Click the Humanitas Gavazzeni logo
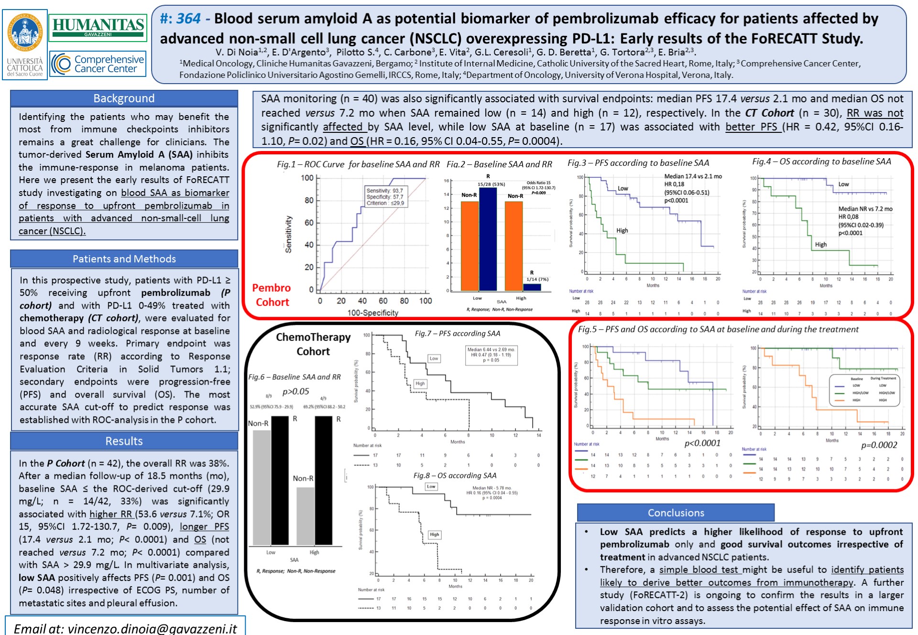[98, 27]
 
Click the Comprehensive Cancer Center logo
[98, 64]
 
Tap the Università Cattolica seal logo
[25, 33]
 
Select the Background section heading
[124, 98]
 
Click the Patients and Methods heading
[124, 259]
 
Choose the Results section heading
[124, 441]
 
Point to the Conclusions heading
[676, 513]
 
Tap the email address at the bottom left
[125, 628]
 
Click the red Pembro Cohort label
[272, 295]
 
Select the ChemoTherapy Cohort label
[313, 344]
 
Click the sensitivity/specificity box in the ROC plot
[385, 197]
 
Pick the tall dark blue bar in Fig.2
[488, 239]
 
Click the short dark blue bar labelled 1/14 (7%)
[532, 287]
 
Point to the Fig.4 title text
[821, 161]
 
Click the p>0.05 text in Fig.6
[295, 391]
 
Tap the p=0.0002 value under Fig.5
[879, 445]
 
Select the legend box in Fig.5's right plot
[864, 390]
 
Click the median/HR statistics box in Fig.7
[491, 355]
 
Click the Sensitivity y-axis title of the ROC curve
[288, 234]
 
